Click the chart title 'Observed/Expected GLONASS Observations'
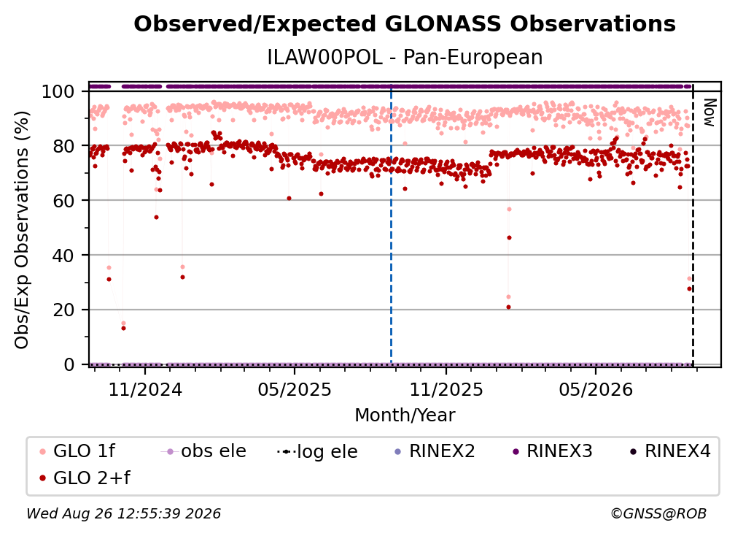(x=405, y=24)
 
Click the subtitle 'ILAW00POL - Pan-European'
(x=405, y=57)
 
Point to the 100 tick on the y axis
(x=64, y=91)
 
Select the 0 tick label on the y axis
(x=69, y=364)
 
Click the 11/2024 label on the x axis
(x=145, y=389)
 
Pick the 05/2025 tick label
(x=295, y=389)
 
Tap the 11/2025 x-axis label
(x=446, y=389)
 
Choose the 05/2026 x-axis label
(x=596, y=389)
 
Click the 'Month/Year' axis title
(x=405, y=415)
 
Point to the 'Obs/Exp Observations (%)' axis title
(x=22, y=230)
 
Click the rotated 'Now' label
(x=709, y=112)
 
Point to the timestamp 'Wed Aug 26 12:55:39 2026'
(x=123, y=513)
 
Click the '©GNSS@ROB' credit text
(x=658, y=513)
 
